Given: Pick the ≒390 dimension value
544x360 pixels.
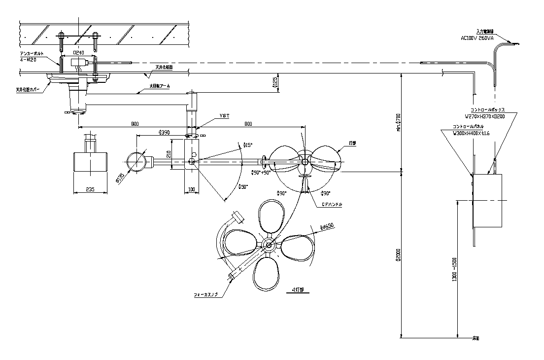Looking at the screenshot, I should pyautogui.click(x=164, y=132).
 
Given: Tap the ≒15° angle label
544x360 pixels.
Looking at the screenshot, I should pyautogui.click(x=248, y=145).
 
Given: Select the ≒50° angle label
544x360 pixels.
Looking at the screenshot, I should pyautogui.click(x=243, y=186).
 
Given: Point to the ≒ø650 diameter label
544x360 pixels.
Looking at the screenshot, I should pyautogui.click(x=327, y=227).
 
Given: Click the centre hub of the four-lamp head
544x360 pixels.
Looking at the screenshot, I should pyautogui.click(x=269, y=244).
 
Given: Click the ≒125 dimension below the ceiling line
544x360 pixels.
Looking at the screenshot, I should pyautogui.click(x=275, y=83).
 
